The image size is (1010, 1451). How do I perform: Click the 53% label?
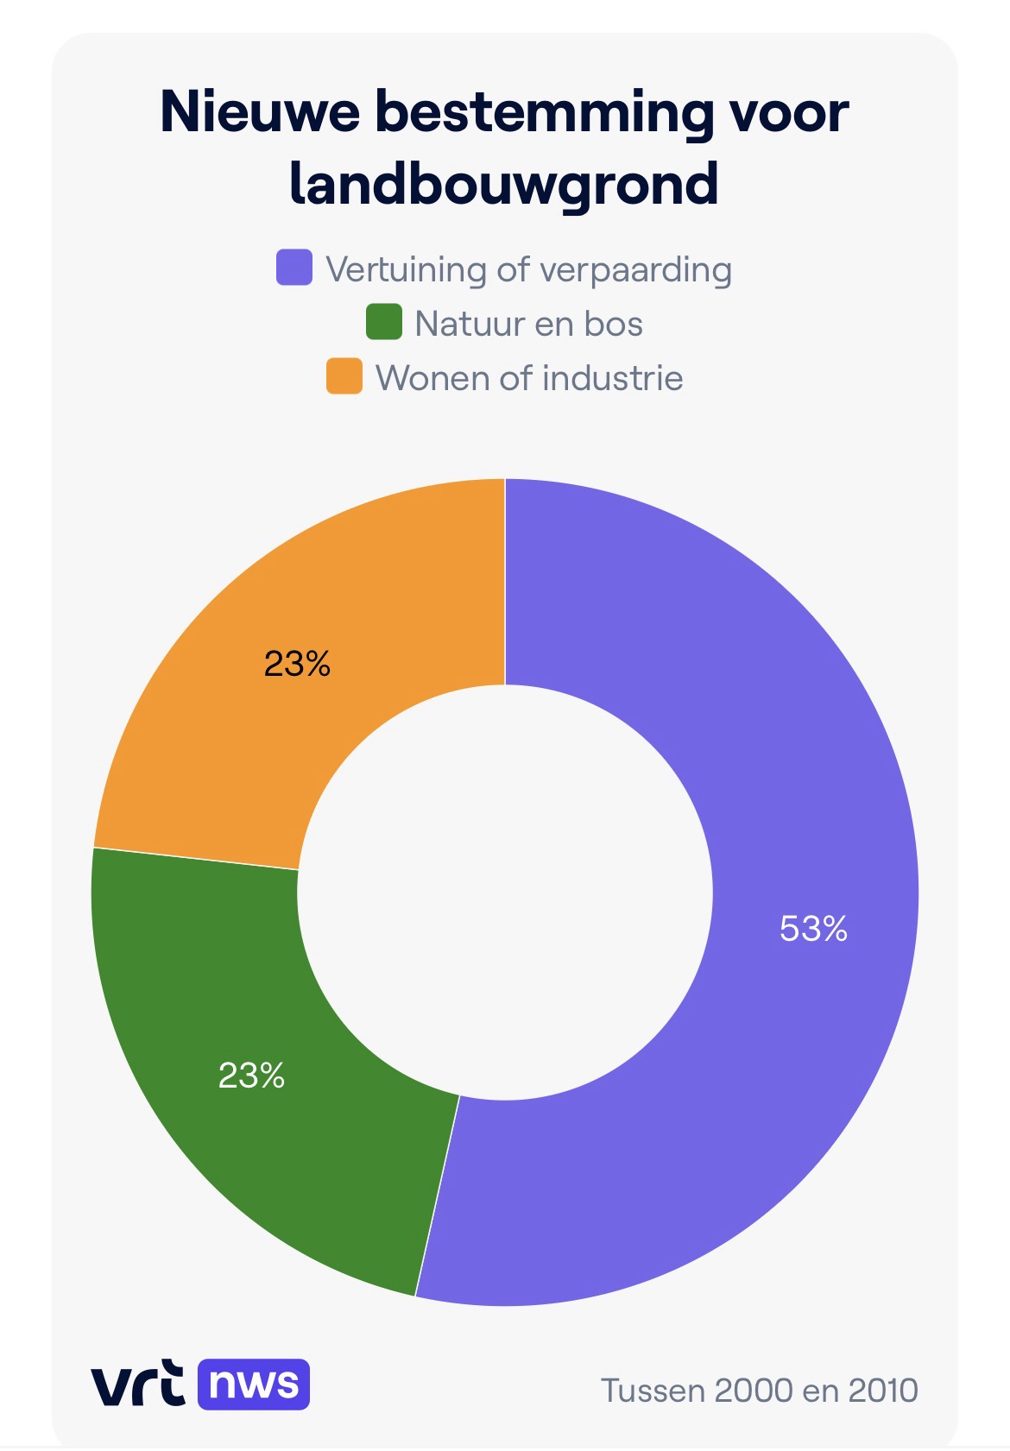pos(813,929)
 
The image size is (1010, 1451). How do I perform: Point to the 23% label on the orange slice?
pos(297,665)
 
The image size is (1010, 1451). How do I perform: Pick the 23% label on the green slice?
pos(251,1076)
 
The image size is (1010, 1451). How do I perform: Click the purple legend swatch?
pos(294,268)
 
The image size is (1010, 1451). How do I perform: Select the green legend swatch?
pos(383,322)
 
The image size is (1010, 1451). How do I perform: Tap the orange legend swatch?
pos(344,377)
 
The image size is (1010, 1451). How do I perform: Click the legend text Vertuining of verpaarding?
pos(528,269)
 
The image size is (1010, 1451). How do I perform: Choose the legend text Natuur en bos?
pos(528,324)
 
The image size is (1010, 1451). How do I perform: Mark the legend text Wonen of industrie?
pos(529,378)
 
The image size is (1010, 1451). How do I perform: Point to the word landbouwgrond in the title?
pos(504,183)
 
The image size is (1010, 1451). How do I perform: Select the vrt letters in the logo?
pos(137,1384)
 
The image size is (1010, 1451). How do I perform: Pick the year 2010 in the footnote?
pos(883,1391)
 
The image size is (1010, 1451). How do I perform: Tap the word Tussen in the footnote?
pos(652,1391)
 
